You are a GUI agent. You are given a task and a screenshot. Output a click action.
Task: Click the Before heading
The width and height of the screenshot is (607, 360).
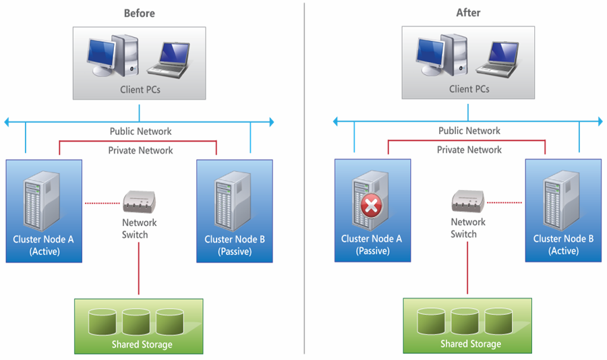[140, 13]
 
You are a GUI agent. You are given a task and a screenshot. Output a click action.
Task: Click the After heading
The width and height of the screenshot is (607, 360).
[468, 13]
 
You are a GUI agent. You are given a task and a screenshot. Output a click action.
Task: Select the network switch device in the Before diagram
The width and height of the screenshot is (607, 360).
[140, 201]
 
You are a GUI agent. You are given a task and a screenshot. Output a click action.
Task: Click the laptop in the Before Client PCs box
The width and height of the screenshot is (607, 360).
[171, 59]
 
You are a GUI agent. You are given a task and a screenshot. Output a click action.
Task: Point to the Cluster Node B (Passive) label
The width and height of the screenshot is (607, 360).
[235, 245]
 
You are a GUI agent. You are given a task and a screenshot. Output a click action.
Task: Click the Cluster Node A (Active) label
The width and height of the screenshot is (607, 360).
[45, 245]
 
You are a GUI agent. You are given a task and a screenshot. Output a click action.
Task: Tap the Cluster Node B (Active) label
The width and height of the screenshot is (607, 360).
[563, 245]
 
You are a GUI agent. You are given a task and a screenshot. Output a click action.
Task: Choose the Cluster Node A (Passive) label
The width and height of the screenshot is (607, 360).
[372, 245]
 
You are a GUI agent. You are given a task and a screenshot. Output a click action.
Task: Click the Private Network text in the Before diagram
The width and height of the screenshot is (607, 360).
[140, 150]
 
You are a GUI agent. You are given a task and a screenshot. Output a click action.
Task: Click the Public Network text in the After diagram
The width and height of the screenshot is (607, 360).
[469, 131]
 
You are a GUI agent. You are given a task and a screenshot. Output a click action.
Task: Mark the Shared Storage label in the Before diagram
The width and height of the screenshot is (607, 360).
[142, 344]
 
